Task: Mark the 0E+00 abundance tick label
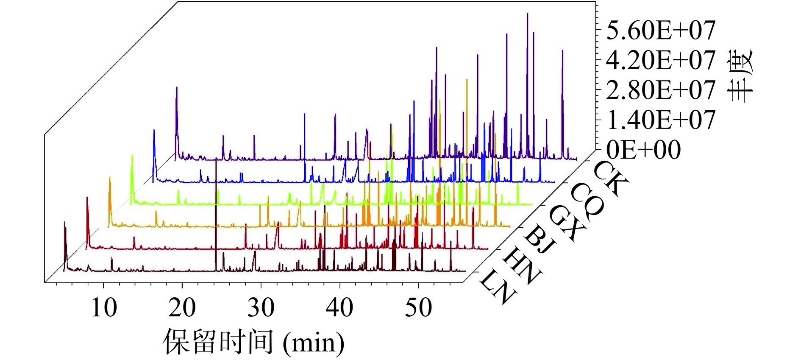coord(643,149)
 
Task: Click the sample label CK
coord(611,179)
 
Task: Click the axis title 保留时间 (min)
coord(254,342)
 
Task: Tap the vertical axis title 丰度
coord(739,75)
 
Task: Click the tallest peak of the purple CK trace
coord(528,14)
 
